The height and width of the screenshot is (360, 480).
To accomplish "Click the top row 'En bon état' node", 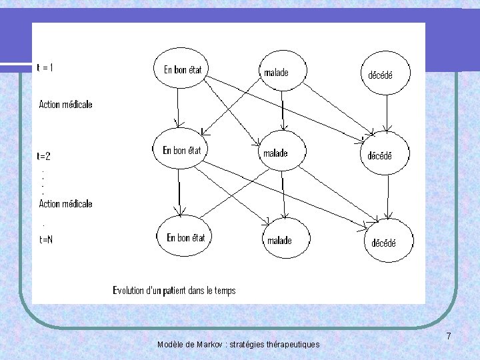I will [x=182, y=69].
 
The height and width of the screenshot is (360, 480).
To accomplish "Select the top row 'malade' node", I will [x=283, y=72].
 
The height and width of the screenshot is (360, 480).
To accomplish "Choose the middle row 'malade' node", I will [x=281, y=153].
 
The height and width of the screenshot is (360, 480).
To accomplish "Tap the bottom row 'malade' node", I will [x=286, y=240].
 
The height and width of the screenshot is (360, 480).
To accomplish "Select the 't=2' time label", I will [x=45, y=156].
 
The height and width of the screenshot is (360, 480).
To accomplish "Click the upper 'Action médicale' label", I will [x=66, y=104].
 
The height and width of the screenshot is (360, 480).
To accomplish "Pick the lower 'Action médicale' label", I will [x=66, y=203].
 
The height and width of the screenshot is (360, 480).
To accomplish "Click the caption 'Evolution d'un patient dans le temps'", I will [x=174, y=290].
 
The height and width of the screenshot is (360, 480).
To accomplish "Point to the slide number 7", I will [x=449, y=337].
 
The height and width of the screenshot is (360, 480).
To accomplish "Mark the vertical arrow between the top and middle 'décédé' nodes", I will [x=385, y=112].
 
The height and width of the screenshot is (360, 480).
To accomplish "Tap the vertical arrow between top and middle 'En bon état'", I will [x=177, y=108].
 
